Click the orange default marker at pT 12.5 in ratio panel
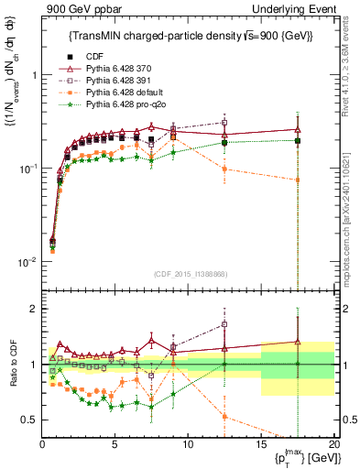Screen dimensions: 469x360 [224, 417]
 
